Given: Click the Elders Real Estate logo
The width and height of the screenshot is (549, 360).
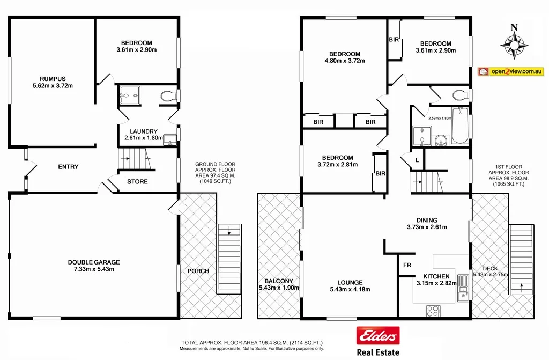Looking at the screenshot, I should pos(378,341).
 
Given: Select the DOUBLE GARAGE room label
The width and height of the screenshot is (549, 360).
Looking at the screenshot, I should pos(94,262).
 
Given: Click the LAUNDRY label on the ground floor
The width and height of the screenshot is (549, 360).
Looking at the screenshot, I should pos(143,131).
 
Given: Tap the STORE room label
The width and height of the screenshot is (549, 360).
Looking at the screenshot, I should pos(137,181).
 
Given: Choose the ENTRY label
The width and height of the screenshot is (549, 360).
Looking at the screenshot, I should pos(68,167).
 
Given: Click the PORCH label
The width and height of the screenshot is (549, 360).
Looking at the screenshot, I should pos(198,270).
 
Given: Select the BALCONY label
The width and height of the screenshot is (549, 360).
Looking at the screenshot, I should pos(278,281).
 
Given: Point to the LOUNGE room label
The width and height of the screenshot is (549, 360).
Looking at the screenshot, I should pos(350,282).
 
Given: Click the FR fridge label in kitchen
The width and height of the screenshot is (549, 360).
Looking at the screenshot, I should pos(407,265).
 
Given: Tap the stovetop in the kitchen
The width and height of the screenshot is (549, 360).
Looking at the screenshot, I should pos(433,310).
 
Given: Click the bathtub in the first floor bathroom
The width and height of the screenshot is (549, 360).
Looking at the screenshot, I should pos(459,126).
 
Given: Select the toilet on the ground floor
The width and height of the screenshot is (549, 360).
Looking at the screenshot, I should pos(168,96).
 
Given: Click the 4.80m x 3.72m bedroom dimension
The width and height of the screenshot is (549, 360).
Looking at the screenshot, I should pos(345,61).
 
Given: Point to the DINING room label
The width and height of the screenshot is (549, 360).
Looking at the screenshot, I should pos(427,220).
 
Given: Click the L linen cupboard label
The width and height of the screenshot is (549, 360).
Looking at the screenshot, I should pos(417,160).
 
